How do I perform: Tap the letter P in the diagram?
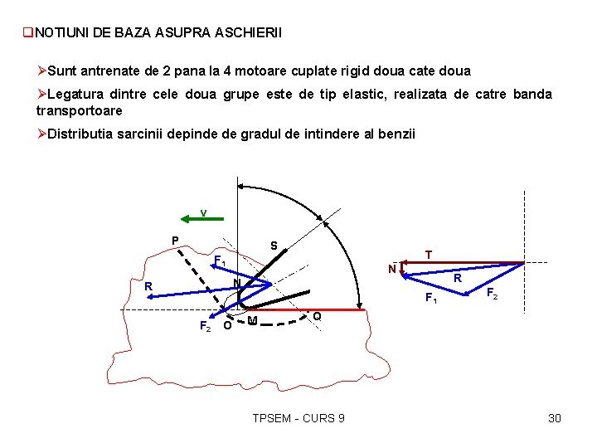[x=175, y=241]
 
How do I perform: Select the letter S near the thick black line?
[x=274, y=246]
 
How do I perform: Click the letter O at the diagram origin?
[x=227, y=324]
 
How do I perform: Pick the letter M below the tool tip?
[x=252, y=321]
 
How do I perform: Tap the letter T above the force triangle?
[x=428, y=254]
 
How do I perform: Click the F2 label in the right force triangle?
[x=492, y=294]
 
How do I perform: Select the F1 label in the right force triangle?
[x=430, y=297]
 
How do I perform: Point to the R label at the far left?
[x=148, y=287]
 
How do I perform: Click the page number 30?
[x=555, y=417]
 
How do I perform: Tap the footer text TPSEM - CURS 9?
[x=298, y=417]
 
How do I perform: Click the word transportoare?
[x=80, y=110]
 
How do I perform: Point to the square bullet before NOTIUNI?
[x=27, y=33]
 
